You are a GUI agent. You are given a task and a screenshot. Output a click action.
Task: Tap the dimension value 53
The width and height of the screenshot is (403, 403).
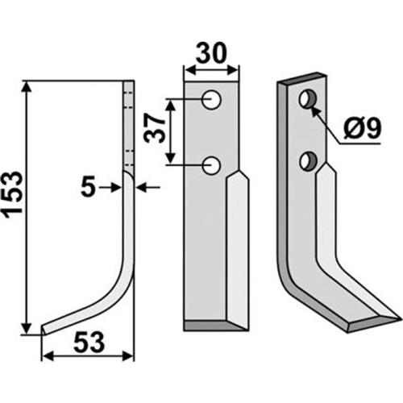coord(89,343)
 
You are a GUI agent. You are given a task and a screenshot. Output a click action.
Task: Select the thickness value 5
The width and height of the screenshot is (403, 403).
coord(88,188)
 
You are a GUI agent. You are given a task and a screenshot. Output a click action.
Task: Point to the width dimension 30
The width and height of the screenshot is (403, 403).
coord(211,53)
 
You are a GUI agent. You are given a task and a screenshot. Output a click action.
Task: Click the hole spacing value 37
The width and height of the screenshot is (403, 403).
coord(154,128)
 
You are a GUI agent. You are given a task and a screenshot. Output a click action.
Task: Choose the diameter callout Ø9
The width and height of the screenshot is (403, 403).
coord(362,128)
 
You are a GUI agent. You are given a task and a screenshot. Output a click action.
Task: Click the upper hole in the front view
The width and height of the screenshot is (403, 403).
coord(212,100)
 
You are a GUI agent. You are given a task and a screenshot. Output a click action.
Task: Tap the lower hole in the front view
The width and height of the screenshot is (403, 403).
coord(212,165)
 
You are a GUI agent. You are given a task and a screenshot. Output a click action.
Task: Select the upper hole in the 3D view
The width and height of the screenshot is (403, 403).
coord(308,99)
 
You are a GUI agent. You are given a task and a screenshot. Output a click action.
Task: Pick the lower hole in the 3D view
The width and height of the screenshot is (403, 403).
coord(309,160)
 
